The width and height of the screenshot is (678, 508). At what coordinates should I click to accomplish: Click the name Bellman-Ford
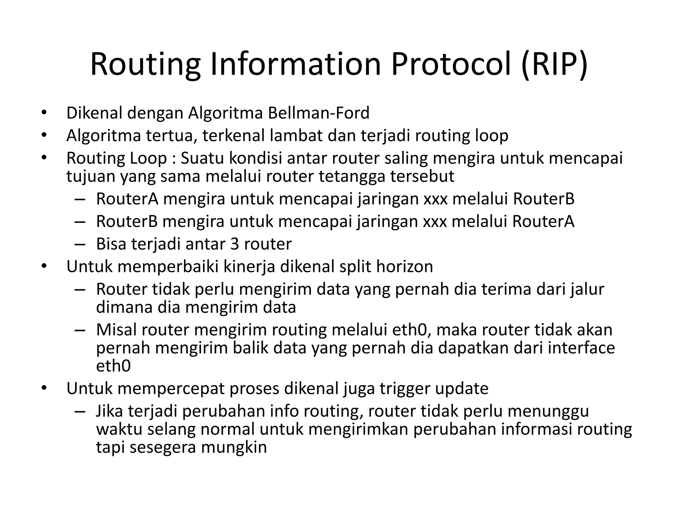click(x=318, y=113)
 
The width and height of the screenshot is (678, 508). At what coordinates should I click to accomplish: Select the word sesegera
click(x=162, y=447)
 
